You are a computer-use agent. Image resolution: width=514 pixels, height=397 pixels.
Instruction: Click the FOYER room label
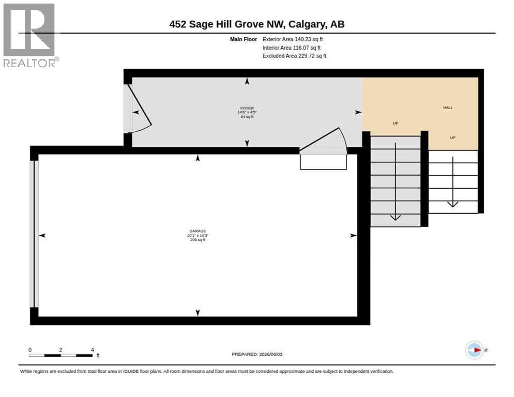tap(247, 108)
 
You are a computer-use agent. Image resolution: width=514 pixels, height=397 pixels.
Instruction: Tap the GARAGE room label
tap(198, 231)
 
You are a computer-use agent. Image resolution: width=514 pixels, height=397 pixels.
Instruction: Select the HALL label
tap(448, 108)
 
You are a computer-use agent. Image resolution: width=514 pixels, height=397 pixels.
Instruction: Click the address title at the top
tap(256, 24)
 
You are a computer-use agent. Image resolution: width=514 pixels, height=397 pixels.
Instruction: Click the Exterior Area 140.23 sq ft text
tap(292, 39)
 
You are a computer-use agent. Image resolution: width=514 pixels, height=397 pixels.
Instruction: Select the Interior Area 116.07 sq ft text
tap(292, 48)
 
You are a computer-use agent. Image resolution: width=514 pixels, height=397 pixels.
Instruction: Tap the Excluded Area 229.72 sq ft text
tap(294, 56)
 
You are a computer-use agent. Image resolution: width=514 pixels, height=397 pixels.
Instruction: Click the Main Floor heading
tap(243, 39)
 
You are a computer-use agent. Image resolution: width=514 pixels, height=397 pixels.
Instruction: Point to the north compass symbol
tap(475, 350)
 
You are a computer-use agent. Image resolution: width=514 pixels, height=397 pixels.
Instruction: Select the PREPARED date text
tap(257, 355)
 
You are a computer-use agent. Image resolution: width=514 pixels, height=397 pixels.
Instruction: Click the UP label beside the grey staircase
tap(396, 123)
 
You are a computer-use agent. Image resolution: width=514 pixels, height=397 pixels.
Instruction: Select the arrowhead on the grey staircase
tap(396, 218)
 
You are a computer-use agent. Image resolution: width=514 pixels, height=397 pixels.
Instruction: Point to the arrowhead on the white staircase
tap(452, 204)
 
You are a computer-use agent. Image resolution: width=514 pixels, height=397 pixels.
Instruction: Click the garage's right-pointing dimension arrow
tap(353, 235)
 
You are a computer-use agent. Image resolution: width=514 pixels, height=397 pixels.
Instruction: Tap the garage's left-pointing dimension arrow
tap(42, 235)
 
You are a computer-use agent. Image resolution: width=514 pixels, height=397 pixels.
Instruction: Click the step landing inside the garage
tap(323, 162)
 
